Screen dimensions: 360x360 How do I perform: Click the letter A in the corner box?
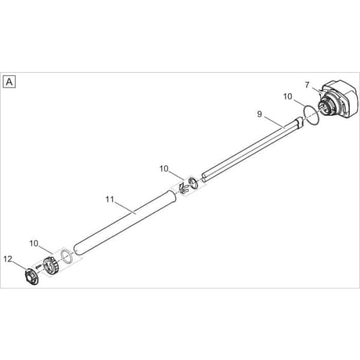[9, 82]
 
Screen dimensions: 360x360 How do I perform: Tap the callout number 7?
[307, 85]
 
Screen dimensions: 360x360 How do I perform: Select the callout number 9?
[259, 114]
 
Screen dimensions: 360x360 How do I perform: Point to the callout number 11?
[110, 199]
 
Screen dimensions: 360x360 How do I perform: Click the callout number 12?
[8, 259]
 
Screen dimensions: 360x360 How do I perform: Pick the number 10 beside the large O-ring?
[287, 97]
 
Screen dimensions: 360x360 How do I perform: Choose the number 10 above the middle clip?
[164, 169]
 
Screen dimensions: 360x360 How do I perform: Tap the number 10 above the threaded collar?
[34, 244]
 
